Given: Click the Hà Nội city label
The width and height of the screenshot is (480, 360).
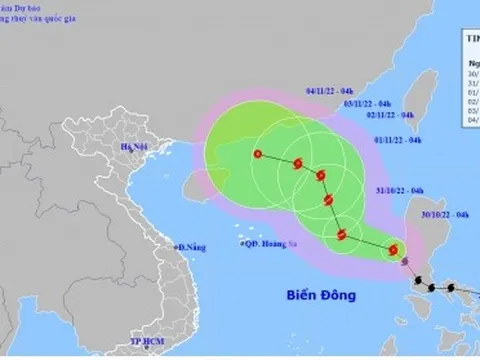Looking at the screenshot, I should coord(133,147).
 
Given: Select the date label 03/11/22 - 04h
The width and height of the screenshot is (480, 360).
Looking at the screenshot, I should coord(365,102).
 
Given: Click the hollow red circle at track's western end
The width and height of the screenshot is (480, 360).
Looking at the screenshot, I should coord(258,154).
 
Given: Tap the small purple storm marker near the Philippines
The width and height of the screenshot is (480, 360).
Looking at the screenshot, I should coord(404,264).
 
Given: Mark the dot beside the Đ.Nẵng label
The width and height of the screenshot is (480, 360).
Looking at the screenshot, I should coord(174,246).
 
